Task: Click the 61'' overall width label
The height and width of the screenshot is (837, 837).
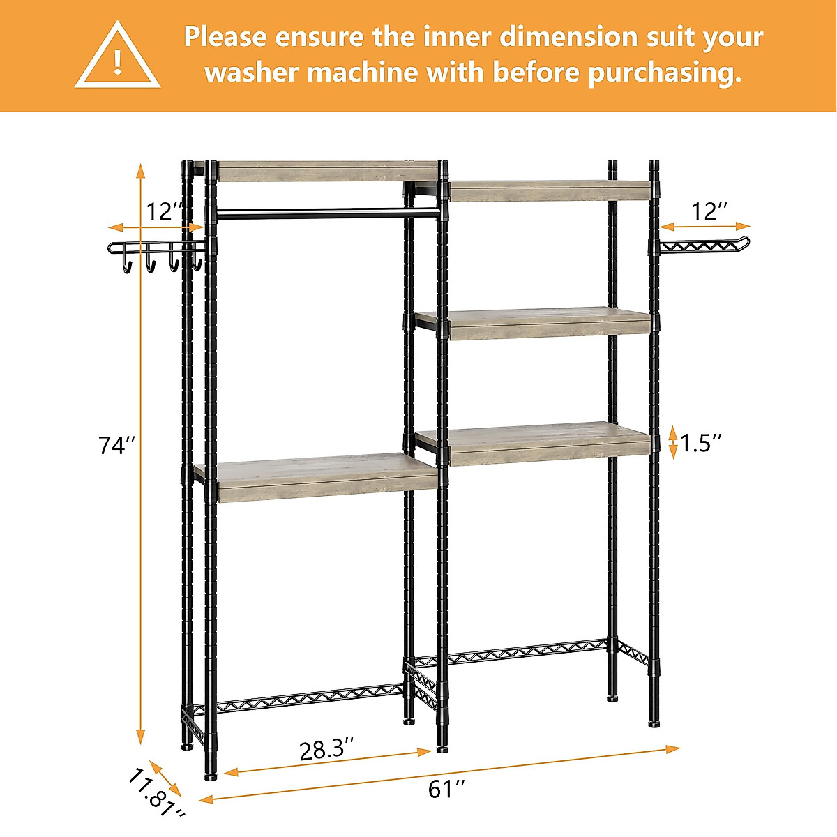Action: coord(446,789)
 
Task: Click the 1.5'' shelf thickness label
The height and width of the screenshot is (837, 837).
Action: coord(701,442)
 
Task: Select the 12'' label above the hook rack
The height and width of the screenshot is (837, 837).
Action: coord(165,211)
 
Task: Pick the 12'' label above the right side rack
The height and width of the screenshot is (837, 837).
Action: coord(709,211)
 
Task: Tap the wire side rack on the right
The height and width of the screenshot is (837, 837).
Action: coord(704,245)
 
